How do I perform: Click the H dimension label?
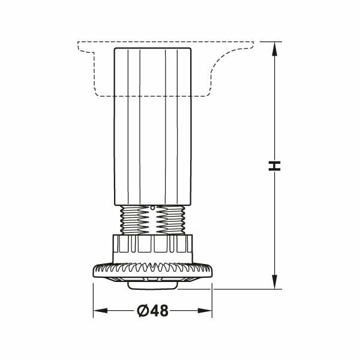[x=274, y=166]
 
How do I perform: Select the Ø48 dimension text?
[x=152, y=310]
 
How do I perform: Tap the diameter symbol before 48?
[x=142, y=310]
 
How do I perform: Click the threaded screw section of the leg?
[x=152, y=220]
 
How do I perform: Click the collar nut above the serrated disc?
[x=152, y=247]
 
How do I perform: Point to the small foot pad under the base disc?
[x=152, y=286]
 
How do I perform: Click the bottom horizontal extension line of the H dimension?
[x=252, y=289]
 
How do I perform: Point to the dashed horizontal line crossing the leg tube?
[x=152, y=95]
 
